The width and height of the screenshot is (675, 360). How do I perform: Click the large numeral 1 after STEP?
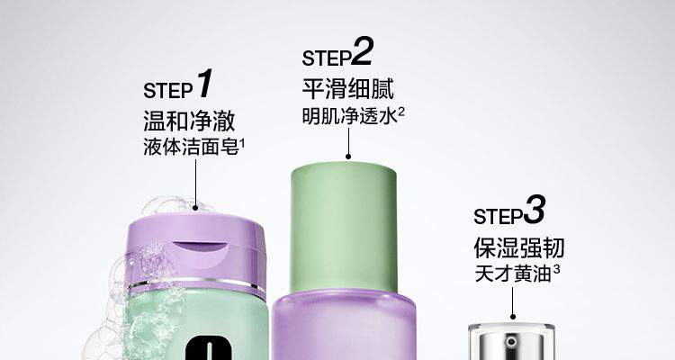pos(205,83)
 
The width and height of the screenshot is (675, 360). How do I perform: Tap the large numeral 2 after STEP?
pos(361,51)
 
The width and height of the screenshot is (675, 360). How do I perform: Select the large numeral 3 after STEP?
pos(535,210)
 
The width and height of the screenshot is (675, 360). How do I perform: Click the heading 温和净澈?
pos(189,120)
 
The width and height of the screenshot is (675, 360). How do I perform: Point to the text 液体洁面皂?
pos(191,148)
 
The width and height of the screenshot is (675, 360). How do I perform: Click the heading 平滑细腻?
pos(347,89)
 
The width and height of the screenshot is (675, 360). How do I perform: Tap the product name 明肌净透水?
pos(349,116)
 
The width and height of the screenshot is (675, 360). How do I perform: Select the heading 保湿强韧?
pos(519,247)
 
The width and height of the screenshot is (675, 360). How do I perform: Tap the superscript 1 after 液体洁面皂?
pos(242,143)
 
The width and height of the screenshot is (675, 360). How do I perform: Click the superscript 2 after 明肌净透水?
pos(401,112)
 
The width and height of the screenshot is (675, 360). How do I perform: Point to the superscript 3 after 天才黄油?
pos(556,270)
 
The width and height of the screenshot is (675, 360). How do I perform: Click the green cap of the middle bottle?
pos(344,228)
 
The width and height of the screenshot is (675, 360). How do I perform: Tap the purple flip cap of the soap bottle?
pos(197,254)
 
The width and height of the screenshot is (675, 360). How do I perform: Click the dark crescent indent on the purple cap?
pos(201,247)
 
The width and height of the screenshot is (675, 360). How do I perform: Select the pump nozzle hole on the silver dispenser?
pos(511,342)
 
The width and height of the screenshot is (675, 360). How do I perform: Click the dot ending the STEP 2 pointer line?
pos(348,157)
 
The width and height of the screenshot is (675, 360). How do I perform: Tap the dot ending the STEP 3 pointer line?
pos(513,317)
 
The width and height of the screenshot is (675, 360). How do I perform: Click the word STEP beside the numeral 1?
pos(168,90)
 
